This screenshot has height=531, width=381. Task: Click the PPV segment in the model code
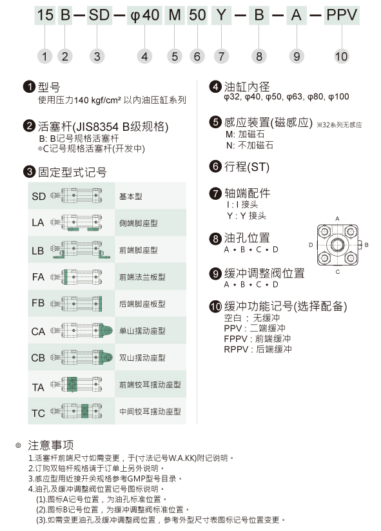[342, 15]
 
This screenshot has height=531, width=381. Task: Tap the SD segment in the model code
[99, 15]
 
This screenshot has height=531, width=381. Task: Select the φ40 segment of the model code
[144, 15]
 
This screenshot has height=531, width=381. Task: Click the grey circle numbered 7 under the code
[221, 56]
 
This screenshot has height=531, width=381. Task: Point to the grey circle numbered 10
[342, 56]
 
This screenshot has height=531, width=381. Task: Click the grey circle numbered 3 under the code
[97, 56]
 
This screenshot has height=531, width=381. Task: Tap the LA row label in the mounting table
[38, 223]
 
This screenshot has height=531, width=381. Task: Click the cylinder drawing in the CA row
[82, 330]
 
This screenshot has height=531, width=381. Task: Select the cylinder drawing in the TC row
[76, 410]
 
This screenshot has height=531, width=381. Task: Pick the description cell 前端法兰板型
[142, 277]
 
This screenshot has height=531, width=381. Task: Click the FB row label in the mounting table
[38, 303]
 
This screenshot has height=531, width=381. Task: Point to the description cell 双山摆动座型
[142, 358]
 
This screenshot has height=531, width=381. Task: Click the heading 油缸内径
[247, 87]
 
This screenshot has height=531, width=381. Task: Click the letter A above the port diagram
[337, 218]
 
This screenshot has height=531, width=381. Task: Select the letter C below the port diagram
[338, 271]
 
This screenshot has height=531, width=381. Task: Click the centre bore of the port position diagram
[337, 244]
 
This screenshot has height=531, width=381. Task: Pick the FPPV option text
[257, 339]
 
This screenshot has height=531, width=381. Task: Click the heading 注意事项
[51, 445]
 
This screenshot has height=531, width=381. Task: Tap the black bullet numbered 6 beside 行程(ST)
[215, 166]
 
